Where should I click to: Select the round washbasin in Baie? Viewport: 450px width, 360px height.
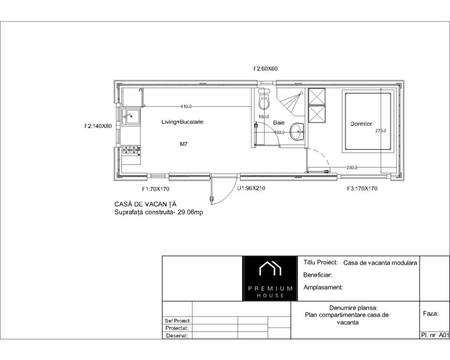tap(297, 132)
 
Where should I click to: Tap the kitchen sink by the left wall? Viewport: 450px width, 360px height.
tap(131, 117)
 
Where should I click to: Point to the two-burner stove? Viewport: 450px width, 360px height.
tap(131, 149)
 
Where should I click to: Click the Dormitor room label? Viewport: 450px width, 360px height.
tap(361, 124)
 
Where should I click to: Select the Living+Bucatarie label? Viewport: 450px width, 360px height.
tap(182, 122)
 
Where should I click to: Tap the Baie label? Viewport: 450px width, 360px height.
tap(279, 123)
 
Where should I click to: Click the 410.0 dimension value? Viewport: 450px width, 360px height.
tap(186, 106)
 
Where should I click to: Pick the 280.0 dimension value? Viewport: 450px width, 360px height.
tap(352, 167)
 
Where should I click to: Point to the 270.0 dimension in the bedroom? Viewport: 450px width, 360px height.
tap(381, 131)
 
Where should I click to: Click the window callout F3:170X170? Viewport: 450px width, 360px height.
tap(362, 189)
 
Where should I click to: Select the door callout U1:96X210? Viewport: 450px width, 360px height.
tap(251, 188)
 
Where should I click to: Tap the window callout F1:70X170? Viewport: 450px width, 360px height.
tap(156, 189)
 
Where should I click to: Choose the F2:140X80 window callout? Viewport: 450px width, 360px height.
tap(98, 126)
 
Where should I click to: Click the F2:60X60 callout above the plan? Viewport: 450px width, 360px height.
tap(265, 69)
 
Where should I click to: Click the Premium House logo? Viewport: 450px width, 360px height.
tap(270, 279)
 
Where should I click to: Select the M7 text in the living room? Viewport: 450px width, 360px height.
tap(184, 144)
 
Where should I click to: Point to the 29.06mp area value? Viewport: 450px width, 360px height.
tap(190, 212)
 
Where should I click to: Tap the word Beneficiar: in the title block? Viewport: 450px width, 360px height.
tap(318, 275)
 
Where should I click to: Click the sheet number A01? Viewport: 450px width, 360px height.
tap(444, 335)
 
